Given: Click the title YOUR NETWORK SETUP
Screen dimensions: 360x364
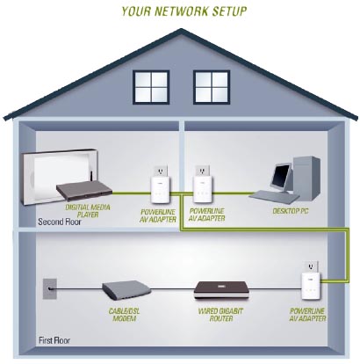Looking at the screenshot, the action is point(184,11).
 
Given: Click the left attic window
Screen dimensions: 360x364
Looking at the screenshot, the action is point(151,87).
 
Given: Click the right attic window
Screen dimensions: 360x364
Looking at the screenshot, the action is point(212,87).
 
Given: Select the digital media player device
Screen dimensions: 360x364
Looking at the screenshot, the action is point(84,190).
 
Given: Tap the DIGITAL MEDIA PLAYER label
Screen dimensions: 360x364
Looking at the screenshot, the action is point(88,211).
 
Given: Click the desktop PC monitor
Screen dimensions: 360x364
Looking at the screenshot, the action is point(281,178).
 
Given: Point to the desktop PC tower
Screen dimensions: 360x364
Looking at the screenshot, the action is point(307,178).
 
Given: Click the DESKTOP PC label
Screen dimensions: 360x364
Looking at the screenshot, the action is point(291,211).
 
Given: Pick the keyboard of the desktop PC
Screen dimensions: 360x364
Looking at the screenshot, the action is point(274,196).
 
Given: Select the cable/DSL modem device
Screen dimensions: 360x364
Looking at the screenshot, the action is point(126,289).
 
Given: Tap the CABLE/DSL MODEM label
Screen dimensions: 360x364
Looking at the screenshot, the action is point(124,315).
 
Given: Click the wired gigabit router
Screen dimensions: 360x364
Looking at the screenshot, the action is point(221,290).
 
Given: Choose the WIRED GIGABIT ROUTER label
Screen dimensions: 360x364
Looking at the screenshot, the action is point(220,315).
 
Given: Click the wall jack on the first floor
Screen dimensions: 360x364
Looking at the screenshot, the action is point(50,288).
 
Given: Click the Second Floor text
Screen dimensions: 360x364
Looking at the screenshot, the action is point(60,222).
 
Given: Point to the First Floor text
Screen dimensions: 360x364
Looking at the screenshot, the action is point(54,340).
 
